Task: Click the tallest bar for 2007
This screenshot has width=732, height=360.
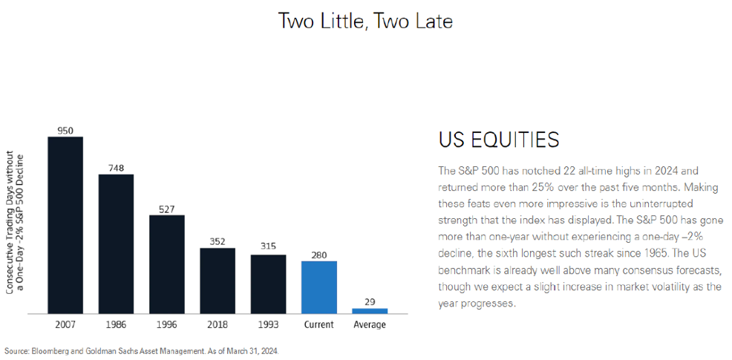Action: point(65,224)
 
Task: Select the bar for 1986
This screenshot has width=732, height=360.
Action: point(116,243)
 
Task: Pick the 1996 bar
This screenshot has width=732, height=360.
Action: point(166,264)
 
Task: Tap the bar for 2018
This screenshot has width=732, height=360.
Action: point(217,280)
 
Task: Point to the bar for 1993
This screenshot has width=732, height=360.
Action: point(268,284)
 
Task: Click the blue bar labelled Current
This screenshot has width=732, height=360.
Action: point(318,287)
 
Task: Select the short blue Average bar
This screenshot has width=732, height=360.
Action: point(369,310)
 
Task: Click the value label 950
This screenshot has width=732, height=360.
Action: point(65,131)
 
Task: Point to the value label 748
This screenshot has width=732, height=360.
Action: point(116,168)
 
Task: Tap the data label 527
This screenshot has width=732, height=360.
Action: point(166,209)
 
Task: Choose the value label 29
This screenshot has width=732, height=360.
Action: point(369,301)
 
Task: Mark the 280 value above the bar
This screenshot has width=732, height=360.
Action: point(318,255)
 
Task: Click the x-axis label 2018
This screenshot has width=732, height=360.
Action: point(217,324)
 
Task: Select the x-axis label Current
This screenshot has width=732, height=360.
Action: point(318,324)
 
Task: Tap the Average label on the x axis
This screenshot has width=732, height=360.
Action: point(369,324)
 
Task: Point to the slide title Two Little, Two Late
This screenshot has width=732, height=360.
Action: point(365,21)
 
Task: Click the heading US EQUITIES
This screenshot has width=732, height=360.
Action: point(498,140)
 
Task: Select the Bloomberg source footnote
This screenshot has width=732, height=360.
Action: point(141,350)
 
